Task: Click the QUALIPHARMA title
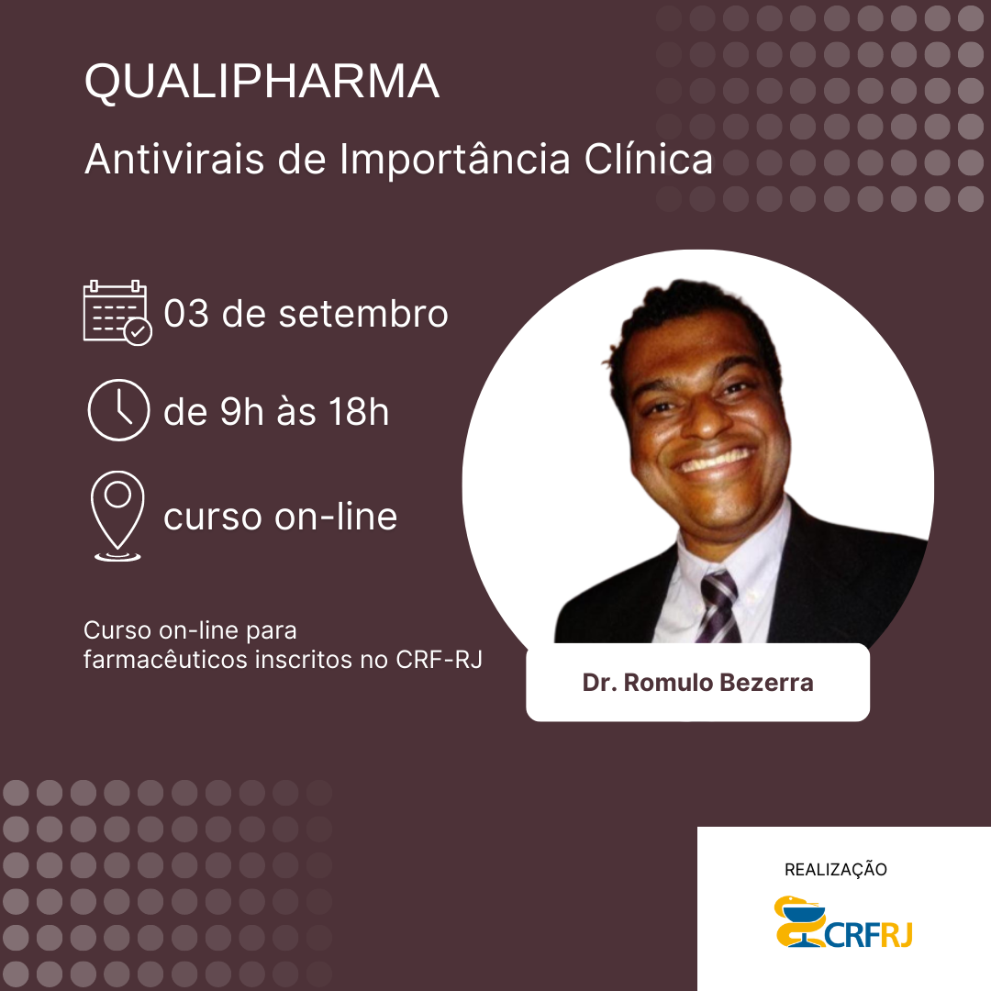click(x=262, y=82)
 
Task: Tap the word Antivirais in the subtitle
click(x=173, y=159)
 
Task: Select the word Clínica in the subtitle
click(x=649, y=159)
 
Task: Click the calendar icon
click(x=117, y=312)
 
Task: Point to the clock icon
click(x=118, y=409)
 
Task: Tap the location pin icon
click(x=117, y=516)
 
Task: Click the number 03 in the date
click(x=185, y=314)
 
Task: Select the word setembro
click(x=363, y=314)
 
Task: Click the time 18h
click(x=359, y=411)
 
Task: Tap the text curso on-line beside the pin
click(x=281, y=517)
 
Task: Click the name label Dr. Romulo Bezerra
click(x=697, y=683)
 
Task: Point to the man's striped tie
click(x=718, y=607)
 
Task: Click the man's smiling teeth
click(x=716, y=460)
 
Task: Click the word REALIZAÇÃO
click(x=836, y=870)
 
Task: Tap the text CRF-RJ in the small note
click(x=439, y=659)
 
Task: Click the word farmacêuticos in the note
click(x=165, y=659)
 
